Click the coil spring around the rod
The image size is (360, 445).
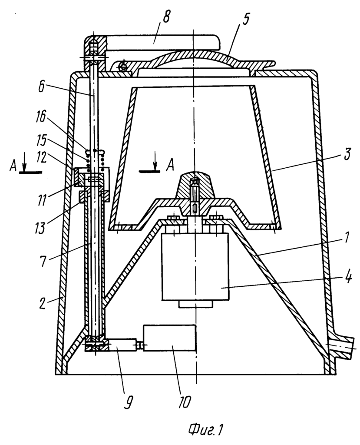point(96,159)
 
